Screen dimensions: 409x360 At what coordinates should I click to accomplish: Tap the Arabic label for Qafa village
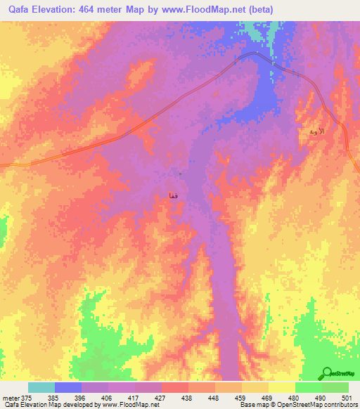[172, 195]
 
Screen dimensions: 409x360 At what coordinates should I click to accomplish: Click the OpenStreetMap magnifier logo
[327, 372]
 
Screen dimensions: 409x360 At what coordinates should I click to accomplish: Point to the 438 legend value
[187, 397]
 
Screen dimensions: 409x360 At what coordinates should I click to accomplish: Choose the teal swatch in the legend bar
[41, 387]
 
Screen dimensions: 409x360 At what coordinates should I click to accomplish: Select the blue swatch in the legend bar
[68, 387]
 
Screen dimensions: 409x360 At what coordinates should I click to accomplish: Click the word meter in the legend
[11, 397]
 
